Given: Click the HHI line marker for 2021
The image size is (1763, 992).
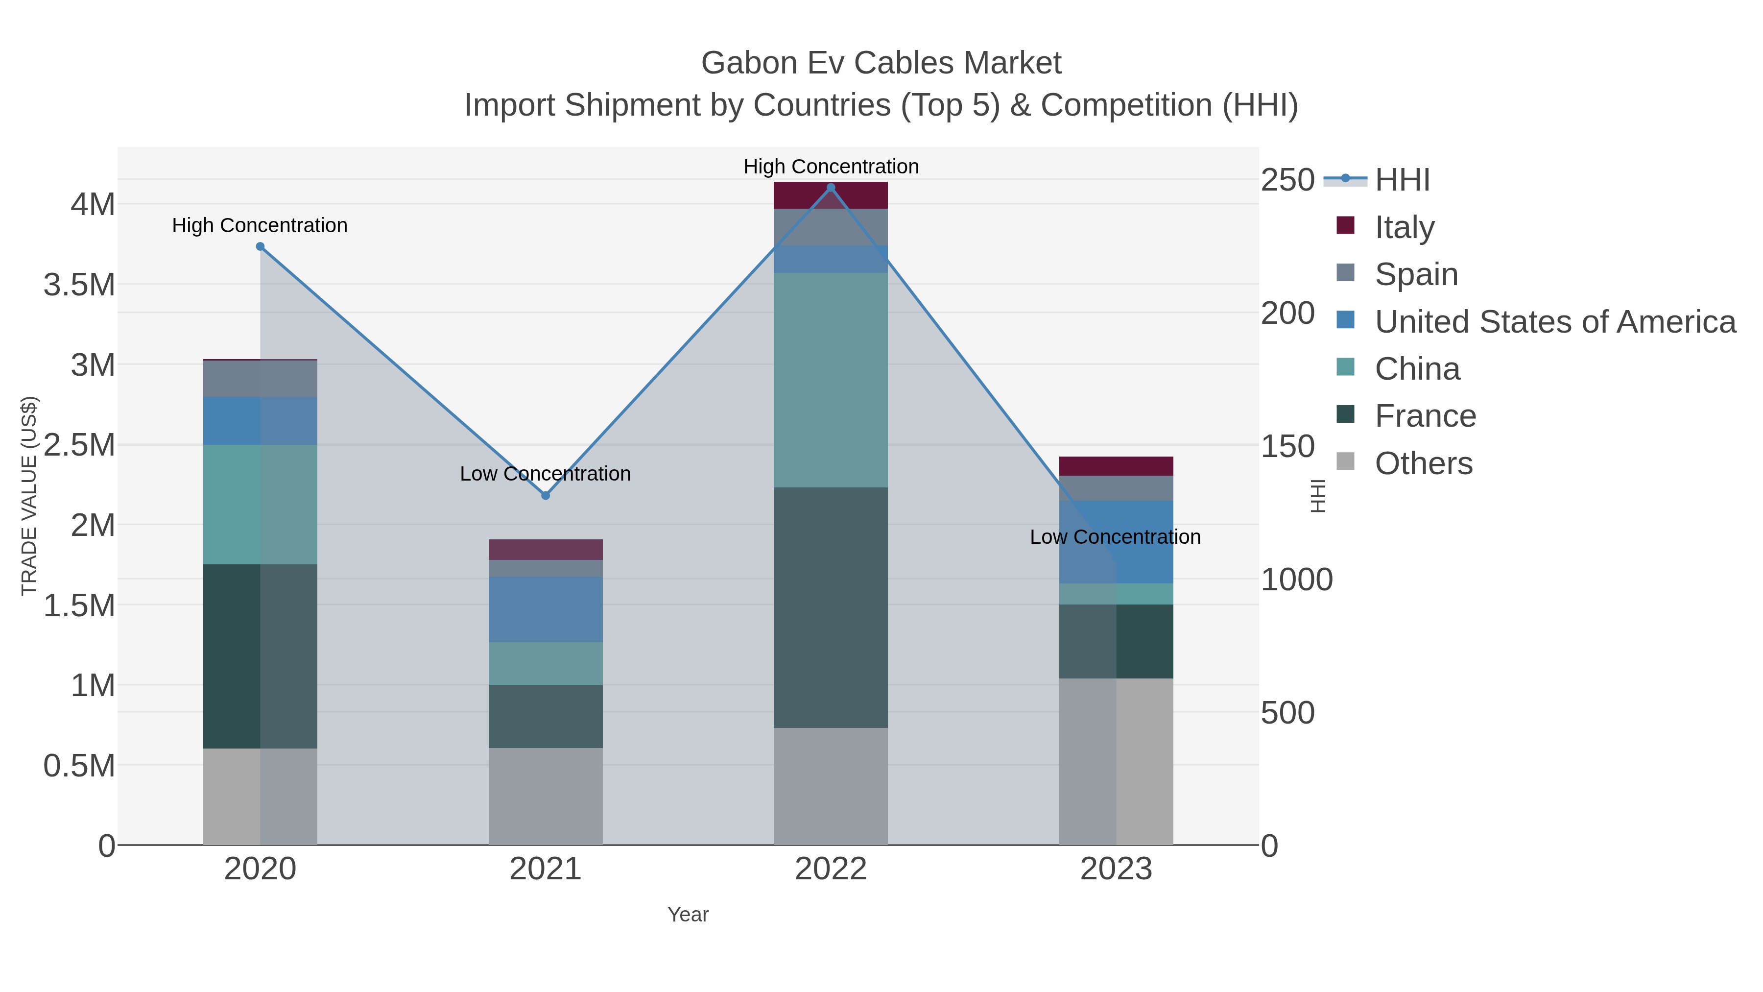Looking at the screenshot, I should coord(546,495).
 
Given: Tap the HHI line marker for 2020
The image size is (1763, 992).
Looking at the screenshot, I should coord(260,246).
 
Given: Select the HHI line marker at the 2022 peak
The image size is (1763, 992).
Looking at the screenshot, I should coord(831,188).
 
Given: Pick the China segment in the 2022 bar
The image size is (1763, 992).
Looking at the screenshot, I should coord(831,380).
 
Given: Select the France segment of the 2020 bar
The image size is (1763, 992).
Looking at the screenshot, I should coord(260,656).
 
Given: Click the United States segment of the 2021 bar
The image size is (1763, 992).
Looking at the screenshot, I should coord(546,609).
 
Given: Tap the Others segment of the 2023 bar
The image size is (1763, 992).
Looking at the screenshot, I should coord(1116,761).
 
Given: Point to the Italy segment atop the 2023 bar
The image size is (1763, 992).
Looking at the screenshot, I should coord(1116,466).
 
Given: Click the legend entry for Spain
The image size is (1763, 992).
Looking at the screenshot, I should coord(1416,274).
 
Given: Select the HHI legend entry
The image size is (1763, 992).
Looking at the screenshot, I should coord(1402,180).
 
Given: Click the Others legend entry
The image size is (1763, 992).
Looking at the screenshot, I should coord(1423,463).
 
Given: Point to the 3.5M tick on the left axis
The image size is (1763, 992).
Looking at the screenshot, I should coord(79,285).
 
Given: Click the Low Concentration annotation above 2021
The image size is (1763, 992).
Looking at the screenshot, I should coord(546,474).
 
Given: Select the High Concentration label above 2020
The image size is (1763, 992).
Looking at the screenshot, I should coord(260,225).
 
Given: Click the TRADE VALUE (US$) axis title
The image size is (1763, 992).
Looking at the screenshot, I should coord(29,496).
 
